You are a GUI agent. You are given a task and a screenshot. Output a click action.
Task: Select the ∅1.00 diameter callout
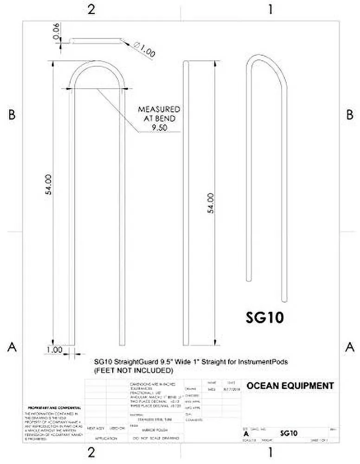coord(144,49)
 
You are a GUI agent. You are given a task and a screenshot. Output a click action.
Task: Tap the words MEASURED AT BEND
coord(159,114)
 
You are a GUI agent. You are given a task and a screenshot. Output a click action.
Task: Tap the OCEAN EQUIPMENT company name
coord(290,386)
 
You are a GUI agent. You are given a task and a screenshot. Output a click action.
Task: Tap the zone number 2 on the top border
coord(91,10)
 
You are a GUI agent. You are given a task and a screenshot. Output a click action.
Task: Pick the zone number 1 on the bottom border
coord(270,451)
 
